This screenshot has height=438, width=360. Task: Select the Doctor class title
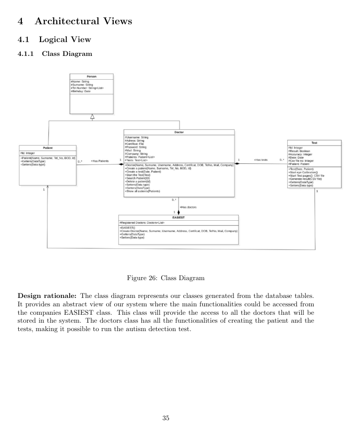tap(179, 132)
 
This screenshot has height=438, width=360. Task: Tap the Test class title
tap(315, 142)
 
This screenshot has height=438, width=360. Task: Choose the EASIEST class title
tap(178, 217)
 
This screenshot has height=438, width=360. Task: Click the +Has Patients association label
tap(99, 160)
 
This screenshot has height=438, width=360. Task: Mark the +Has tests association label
tap(260, 160)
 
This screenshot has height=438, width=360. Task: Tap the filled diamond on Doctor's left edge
tap(120, 164)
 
